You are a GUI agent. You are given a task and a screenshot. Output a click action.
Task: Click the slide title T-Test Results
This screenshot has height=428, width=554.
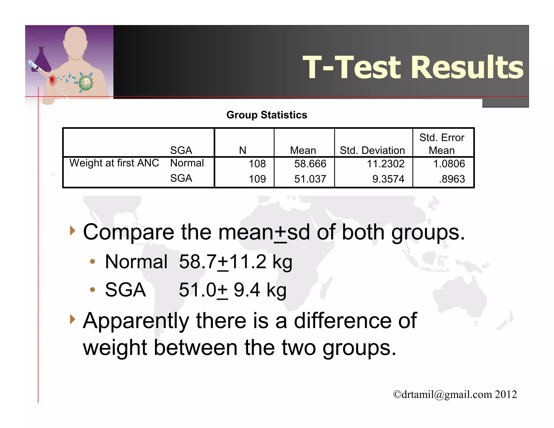click(x=413, y=67)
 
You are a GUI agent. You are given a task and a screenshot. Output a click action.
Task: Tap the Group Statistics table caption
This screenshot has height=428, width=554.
click(x=267, y=115)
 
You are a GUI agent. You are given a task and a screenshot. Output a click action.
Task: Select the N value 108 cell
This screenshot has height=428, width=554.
click(x=257, y=164)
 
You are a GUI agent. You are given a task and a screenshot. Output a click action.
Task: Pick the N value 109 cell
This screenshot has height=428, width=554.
click(x=257, y=179)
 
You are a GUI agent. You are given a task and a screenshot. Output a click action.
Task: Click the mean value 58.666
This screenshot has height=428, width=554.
click(x=310, y=164)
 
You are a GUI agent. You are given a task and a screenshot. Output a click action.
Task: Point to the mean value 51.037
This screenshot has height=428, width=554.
click(x=310, y=179)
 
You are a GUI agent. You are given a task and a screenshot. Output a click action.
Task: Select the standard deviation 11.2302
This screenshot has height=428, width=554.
click(x=385, y=164)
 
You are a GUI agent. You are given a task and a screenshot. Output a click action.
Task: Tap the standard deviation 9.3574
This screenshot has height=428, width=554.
click(x=388, y=179)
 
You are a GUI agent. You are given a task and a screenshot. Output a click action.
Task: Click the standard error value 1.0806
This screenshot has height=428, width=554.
click(x=449, y=164)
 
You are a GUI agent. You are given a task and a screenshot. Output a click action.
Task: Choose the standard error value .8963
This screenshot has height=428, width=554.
click(x=451, y=179)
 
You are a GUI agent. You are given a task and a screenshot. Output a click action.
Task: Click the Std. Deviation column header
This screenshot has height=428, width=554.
click(x=372, y=150)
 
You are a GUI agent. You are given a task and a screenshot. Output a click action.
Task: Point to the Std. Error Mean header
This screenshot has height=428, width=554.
click(x=442, y=144)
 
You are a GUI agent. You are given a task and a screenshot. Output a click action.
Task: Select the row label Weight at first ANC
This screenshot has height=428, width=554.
click(x=114, y=163)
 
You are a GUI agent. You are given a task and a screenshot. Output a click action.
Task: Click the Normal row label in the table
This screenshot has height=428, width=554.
click(x=187, y=163)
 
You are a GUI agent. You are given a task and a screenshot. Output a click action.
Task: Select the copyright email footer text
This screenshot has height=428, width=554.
click(x=455, y=394)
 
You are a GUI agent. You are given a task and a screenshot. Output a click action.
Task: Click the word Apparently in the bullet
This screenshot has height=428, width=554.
click(x=136, y=321)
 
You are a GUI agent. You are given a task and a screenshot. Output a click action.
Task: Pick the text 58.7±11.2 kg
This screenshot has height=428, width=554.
click(x=235, y=262)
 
